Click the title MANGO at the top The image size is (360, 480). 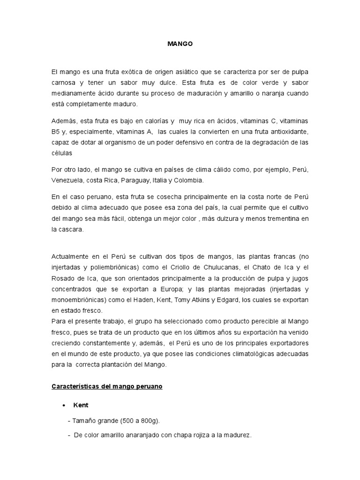[x=180, y=44]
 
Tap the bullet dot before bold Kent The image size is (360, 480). [x=63, y=405]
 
